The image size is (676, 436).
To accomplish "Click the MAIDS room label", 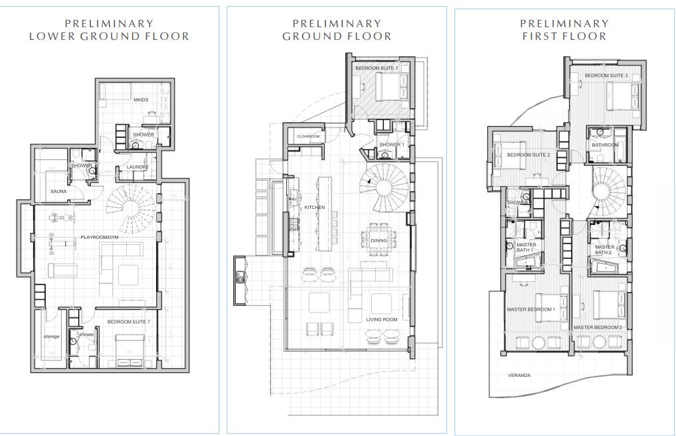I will click(x=140, y=100).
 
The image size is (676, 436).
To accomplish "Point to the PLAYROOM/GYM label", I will click(x=101, y=236).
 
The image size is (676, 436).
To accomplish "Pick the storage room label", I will click(x=51, y=336).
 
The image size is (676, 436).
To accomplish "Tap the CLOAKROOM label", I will click(x=308, y=136).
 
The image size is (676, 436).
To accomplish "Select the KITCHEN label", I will click(x=314, y=208).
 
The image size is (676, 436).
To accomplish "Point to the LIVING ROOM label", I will click(x=382, y=319).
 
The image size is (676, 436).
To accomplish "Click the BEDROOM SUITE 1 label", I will click(x=376, y=68).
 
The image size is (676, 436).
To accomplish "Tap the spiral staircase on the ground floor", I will click(x=384, y=187).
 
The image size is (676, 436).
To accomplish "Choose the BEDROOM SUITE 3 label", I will click(x=606, y=76).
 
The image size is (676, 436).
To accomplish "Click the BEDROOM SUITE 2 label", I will click(x=529, y=155).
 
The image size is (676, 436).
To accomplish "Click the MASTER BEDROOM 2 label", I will click(x=597, y=327).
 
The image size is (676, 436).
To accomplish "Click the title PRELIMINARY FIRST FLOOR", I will click(x=564, y=30).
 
